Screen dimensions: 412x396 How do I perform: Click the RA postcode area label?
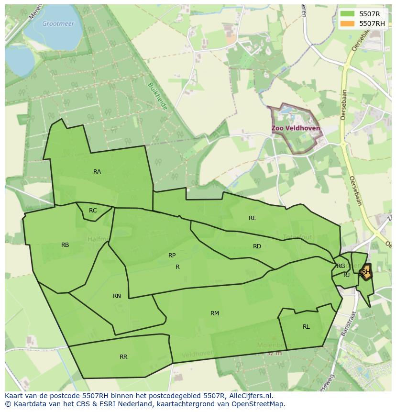pyautogui.click(x=97, y=172)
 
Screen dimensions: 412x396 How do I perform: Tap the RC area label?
pyautogui.click(x=93, y=211)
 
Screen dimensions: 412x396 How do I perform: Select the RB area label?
pyautogui.click(x=65, y=245)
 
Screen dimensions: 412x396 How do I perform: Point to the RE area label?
pyautogui.click(x=253, y=218)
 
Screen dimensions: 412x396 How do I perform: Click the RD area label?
pyautogui.click(x=257, y=246)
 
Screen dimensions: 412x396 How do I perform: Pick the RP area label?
pyautogui.click(x=172, y=256)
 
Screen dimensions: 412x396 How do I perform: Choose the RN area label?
pyautogui.click(x=117, y=296)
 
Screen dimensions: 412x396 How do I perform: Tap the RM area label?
pyautogui.click(x=215, y=313)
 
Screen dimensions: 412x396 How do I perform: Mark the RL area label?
pyautogui.click(x=306, y=327)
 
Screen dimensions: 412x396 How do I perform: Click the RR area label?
pyautogui.click(x=123, y=357)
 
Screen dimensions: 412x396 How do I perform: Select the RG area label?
pyautogui.click(x=341, y=266)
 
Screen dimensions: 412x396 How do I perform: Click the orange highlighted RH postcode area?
pyautogui.click(x=366, y=272)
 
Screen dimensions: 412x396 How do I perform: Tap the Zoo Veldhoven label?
pyautogui.click(x=296, y=129)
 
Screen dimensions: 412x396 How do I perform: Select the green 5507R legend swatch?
pyautogui.click(x=348, y=14)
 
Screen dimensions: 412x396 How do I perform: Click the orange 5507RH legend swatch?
pyautogui.click(x=348, y=23)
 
